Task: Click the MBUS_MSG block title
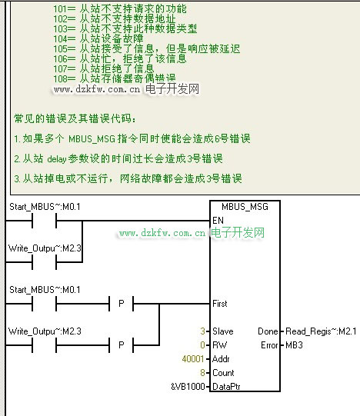tap(245, 207)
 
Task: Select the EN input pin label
tap(218, 221)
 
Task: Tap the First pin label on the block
tap(220, 304)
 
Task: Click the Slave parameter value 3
tap(203, 331)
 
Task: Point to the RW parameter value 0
tap(203, 345)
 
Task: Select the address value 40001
tap(193, 359)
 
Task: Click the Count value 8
tap(203, 373)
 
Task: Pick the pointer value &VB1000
tap(188, 387)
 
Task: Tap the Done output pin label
tap(268, 331)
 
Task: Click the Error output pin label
tap(269, 345)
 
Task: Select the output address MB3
tap(294, 345)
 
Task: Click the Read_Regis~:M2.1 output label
tap(321, 331)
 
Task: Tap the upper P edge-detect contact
tap(122, 304)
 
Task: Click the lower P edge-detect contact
tap(122, 345)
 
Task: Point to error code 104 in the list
tap(60, 39)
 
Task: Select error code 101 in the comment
tap(60, 9)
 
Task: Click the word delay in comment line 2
tap(57, 159)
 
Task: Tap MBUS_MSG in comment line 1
tap(92, 138)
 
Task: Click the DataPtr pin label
tap(226, 387)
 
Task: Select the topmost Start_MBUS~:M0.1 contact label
tap(45, 207)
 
